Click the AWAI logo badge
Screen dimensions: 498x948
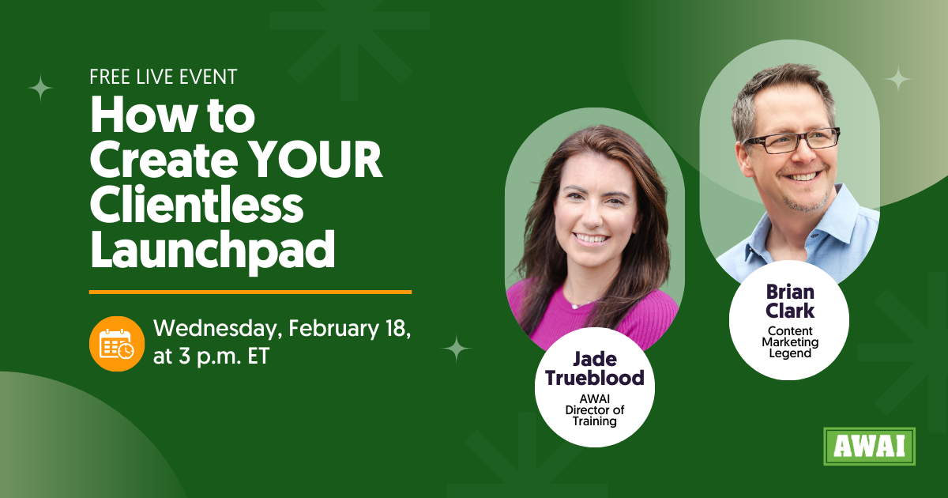[869, 447]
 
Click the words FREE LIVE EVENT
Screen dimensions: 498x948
[164, 77]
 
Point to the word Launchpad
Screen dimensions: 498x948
[213, 249]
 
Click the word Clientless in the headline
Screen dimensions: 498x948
[197, 206]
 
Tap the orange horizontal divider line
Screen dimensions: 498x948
[250, 292]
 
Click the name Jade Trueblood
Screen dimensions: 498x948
[594, 368]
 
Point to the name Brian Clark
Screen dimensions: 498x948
[789, 301]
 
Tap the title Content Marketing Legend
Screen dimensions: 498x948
[789, 342]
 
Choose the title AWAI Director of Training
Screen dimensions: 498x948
[594, 409]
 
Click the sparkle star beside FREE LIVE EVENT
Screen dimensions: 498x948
[40, 87]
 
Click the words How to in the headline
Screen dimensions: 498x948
[172, 117]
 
